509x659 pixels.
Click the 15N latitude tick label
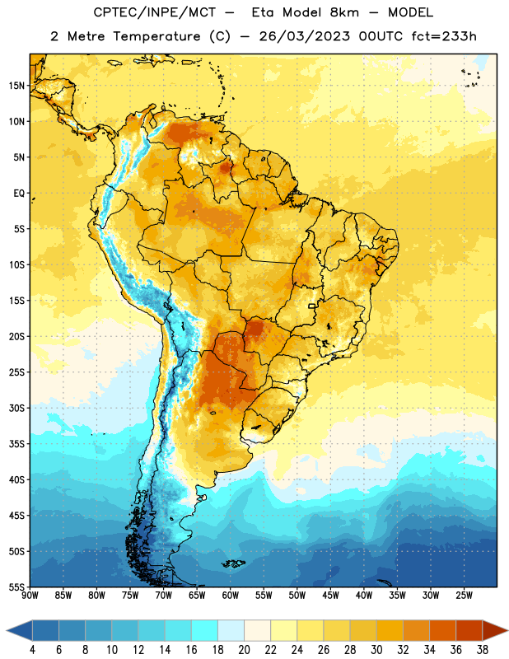(17, 86)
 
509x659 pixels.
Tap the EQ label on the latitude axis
(19, 194)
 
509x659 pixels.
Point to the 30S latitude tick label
(17, 408)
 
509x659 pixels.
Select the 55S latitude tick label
(17, 587)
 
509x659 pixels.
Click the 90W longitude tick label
(30, 595)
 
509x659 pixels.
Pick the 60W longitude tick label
(231, 595)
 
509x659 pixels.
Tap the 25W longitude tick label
(464, 595)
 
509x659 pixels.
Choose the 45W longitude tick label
(330, 595)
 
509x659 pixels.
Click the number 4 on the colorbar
(32, 650)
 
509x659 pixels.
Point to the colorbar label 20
(244, 650)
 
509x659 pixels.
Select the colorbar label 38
(483, 650)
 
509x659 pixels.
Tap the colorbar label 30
(376, 650)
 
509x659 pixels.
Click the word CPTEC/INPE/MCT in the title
(154, 12)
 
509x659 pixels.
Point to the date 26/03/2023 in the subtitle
(304, 36)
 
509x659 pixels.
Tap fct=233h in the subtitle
(444, 36)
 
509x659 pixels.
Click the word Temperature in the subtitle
(156, 36)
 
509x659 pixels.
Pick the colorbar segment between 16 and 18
(205, 630)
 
